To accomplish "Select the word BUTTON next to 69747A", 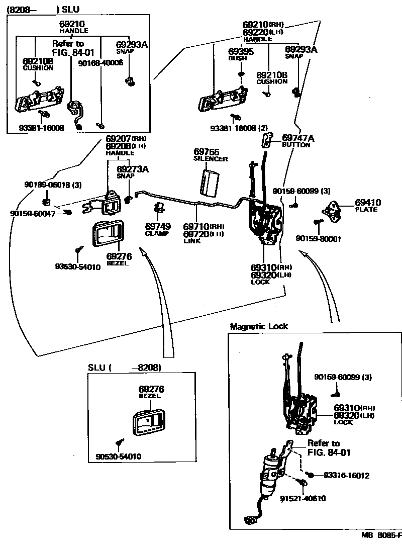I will [x=296, y=145].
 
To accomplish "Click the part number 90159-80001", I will [x=318, y=239].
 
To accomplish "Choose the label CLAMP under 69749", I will [x=157, y=233].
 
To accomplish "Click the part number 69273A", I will [x=133, y=169].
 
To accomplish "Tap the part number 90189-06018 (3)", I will [x=52, y=185].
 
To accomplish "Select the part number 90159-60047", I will [x=31, y=214].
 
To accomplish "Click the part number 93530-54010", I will [x=78, y=267].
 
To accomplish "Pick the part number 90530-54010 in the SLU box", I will [x=118, y=456].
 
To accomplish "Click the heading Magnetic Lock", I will [x=259, y=326].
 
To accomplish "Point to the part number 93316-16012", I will [x=346, y=475].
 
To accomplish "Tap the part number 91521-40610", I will [x=303, y=498].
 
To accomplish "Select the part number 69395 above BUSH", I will [x=241, y=51].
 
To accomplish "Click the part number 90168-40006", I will [x=101, y=63].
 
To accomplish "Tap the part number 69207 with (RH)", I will [x=119, y=138].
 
